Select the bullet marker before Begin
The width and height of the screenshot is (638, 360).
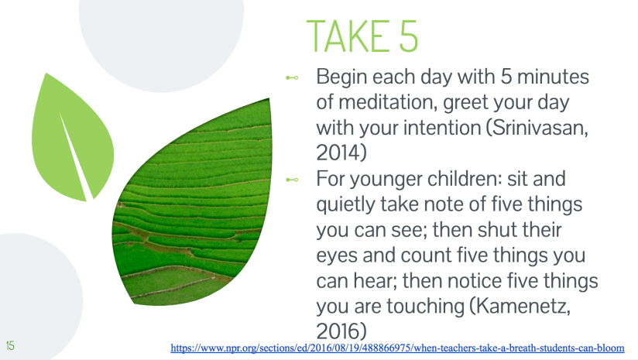click(x=292, y=78)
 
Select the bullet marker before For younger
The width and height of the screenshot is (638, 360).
click(x=292, y=180)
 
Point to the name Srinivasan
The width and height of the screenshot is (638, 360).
click(x=537, y=129)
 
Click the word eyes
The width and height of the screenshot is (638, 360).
click(x=339, y=255)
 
